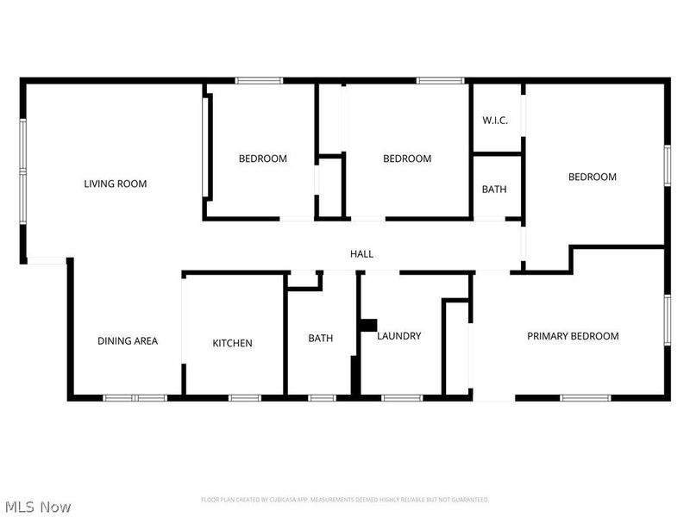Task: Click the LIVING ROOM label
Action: point(115,184)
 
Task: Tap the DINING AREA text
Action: point(127,341)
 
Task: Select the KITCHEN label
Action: point(233,344)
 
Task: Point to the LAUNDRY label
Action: point(398,336)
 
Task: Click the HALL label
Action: point(361,254)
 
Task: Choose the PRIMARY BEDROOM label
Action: point(573,336)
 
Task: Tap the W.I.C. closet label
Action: point(494,121)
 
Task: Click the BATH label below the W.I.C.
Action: point(494,190)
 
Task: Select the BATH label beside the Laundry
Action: point(320,339)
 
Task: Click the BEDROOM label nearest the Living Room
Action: point(263,159)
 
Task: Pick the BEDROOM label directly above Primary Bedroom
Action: point(592,177)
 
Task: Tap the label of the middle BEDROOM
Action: point(407,159)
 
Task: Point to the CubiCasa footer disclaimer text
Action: point(345,500)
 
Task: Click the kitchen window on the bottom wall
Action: point(244,397)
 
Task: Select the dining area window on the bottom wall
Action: point(135,397)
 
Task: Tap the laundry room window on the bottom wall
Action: point(401,397)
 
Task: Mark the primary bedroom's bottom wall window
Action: point(585,397)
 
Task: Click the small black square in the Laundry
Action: point(367,325)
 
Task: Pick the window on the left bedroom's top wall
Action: point(259,81)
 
